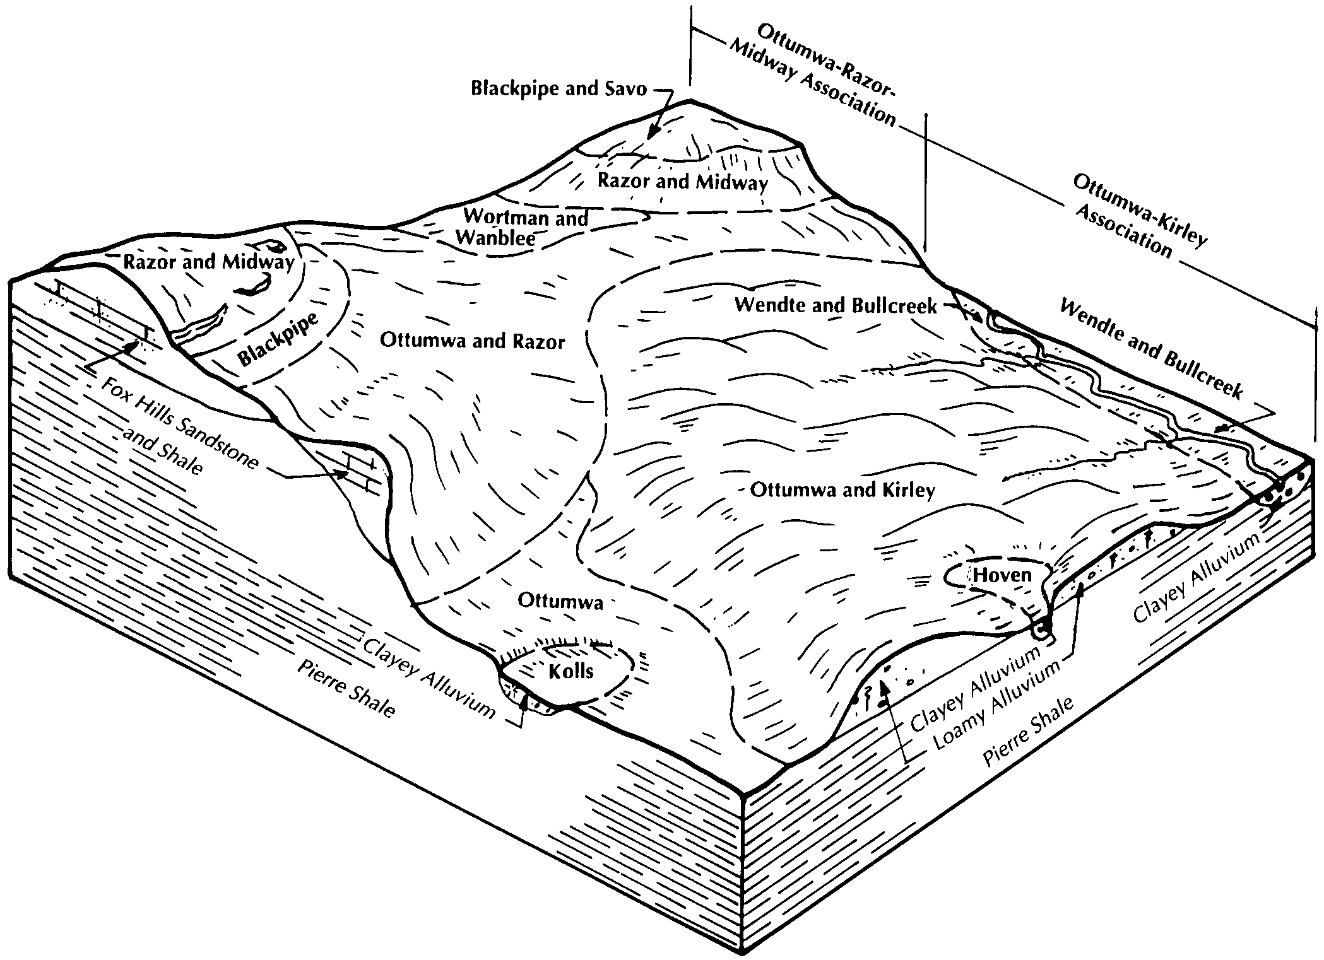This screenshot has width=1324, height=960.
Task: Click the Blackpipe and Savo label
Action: click(559, 89)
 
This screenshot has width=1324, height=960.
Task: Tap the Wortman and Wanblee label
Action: click(524, 227)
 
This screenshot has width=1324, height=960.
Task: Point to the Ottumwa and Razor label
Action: click(472, 341)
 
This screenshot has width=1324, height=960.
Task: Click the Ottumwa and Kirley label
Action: click(842, 490)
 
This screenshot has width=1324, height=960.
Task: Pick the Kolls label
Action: click(570, 670)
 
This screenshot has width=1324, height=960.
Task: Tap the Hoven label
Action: click(1002, 575)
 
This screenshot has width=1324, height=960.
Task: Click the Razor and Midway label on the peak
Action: click(683, 182)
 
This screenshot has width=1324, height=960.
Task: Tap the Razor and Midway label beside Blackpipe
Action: click(208, 262)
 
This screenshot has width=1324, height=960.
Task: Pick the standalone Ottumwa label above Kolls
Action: click(560, 601)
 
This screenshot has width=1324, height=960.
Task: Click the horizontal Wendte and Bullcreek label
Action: click(836, 306)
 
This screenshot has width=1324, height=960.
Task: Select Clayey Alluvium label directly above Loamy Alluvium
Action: click(975, 689)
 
